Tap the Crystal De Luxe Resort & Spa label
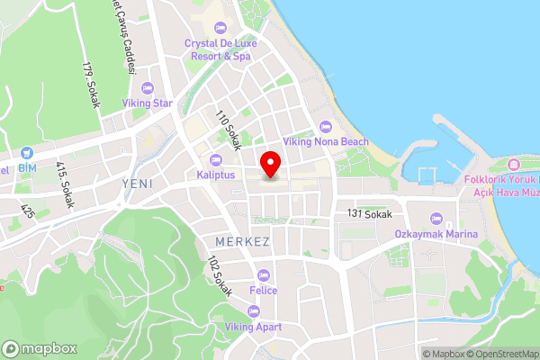click(x=219, y=49)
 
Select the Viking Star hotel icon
click(x=149, y=87)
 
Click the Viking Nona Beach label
click(x=326, y=141)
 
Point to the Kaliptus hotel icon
click(x=217, y=160)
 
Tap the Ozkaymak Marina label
click(x=435, y=233)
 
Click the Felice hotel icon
click(x=264, y=275)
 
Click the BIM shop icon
click(x=27, y=154)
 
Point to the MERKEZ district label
click(x=243, y=243)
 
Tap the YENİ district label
click(x=137, y=184)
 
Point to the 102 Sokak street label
click(x=219, y=276)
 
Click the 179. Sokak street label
click(x=90, y=85)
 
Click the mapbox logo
click(x=39, y=348)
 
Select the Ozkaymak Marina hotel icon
click(x=435, y=220)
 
